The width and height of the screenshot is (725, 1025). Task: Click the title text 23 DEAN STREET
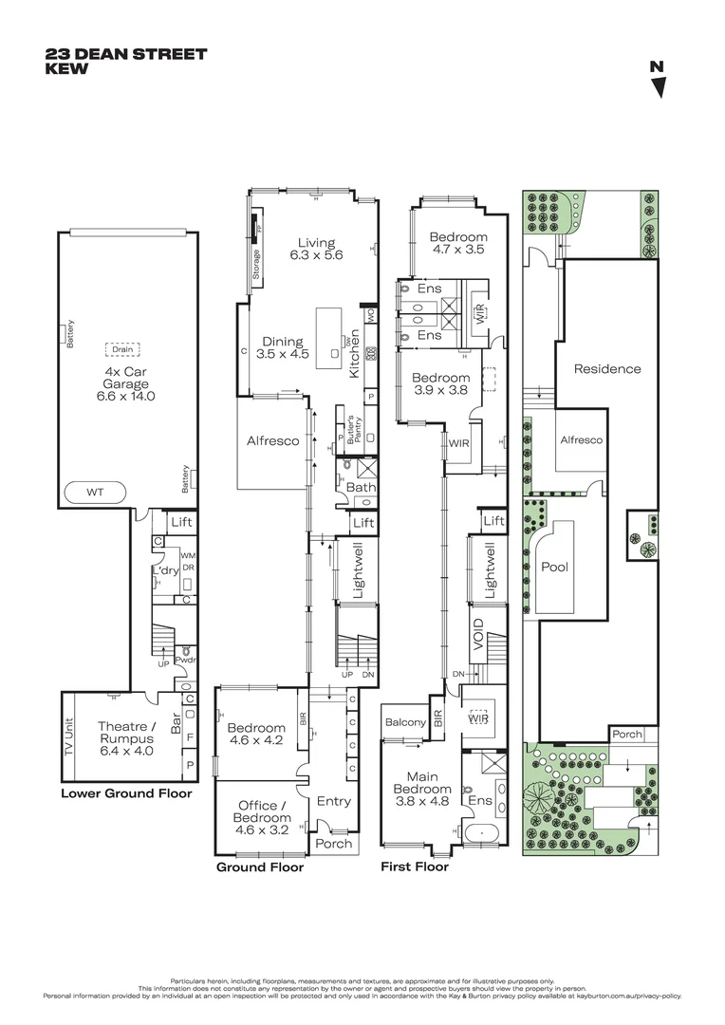(x=125, y=54)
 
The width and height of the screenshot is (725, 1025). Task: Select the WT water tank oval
(x=95, y=493)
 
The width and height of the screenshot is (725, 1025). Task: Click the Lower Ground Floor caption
(x=126, y=793)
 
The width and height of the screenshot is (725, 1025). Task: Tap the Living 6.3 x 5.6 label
(x=315, y=249)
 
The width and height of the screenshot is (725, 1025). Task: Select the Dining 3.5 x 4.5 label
(x=283, y=348)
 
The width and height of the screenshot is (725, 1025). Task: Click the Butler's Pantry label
(x=350, y=430)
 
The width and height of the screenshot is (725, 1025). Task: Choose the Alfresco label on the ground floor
(x=272, y=440)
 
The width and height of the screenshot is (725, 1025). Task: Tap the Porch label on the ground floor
(x=333, y=843)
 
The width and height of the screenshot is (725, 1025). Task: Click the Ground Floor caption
(x=260, y=867)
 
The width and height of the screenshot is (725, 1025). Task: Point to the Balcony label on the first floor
(x=405, y=722)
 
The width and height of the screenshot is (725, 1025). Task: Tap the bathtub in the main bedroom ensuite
(x=485, y=835)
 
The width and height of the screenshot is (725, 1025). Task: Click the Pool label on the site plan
(x=554, y=567)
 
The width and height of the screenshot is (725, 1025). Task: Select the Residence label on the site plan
(x=606, y=368)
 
